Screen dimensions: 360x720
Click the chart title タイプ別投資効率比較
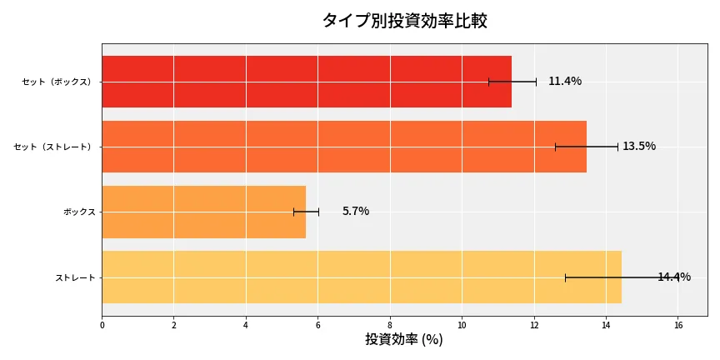[404, 21]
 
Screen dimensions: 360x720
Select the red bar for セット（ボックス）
[306, 82]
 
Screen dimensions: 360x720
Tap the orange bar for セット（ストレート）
[343, 147]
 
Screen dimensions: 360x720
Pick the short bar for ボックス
[203, 212]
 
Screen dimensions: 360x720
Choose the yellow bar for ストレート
[361, 277]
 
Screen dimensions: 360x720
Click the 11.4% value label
[565, 82]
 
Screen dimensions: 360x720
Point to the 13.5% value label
[639, 147]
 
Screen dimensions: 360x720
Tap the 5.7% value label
[356, 212]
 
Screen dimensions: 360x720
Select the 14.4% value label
[674, 277]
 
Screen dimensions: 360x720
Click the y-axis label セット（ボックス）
[57, 82]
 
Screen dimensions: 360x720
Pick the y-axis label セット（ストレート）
[53, 147]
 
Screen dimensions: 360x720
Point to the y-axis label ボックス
[79, 212]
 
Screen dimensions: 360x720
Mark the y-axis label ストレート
[75, 277]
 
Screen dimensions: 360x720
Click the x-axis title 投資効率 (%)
[404, 340]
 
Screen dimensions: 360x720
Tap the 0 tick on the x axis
[102, 325]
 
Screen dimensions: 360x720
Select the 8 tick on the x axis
[390, 325]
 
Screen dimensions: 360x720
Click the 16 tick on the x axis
[677, 325]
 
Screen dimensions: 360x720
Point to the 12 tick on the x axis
[533, 325]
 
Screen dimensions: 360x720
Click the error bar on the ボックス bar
[306, 212]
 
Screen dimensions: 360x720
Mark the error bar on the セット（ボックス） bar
[512, 82]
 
